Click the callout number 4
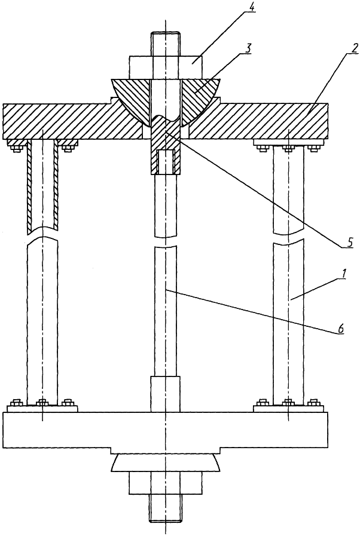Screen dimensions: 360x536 click(252, 7)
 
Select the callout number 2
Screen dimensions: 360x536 click(354, 48)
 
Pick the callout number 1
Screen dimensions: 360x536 click(345, 274)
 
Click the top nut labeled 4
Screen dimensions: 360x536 click(166, 68)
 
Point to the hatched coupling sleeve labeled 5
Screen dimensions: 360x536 click(166, 147)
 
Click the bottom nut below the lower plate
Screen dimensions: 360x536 click(166, 483)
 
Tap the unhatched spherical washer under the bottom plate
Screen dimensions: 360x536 click(166, 463)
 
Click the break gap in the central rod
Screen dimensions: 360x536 click(166, 242)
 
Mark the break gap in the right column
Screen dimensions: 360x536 click(288, 238)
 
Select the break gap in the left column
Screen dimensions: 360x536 click(42, 233)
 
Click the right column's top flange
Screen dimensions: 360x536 click(288, 143)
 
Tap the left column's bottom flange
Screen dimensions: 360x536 click(42, 408)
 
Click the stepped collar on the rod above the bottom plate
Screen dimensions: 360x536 click(166, 394)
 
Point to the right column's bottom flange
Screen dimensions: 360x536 click(288, 408)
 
